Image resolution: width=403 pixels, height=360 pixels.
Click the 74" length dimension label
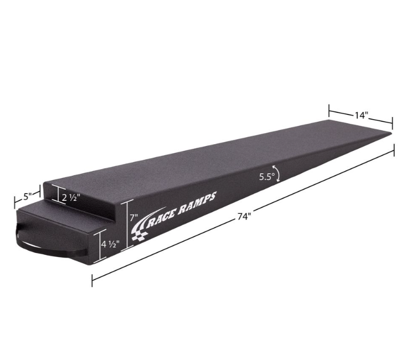point(244,217)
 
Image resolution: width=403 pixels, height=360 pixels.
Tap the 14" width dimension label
point(361,115)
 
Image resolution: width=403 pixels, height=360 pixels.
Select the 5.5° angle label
point(267,177)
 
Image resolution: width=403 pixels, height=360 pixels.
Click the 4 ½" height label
point(110,244)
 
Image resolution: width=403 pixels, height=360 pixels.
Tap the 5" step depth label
point(27,197)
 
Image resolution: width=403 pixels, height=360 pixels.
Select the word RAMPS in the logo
point(197,201)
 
